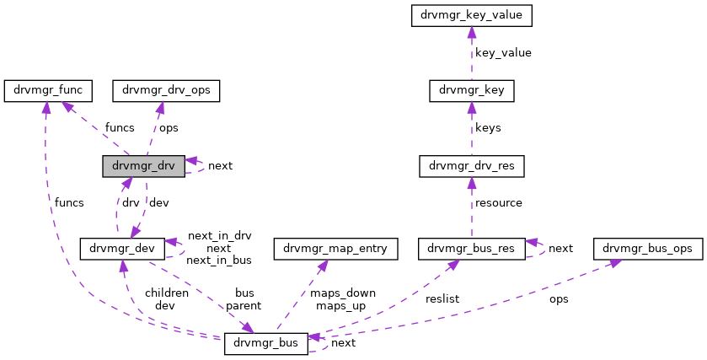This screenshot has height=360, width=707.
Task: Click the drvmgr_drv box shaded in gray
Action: [x=142, y=166]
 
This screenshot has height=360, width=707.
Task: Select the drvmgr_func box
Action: [x=48, y=89]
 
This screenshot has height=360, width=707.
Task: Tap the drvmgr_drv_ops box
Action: [x=166, y=89]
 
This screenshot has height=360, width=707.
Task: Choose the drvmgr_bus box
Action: [x=265, y=344]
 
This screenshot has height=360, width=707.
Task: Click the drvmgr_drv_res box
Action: [x=471, y=166]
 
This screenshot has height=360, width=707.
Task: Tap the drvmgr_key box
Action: [x=471, y=89]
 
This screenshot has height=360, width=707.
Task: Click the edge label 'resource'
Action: [x=499, y=203]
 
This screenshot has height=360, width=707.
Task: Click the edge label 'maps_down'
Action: [x=342, y=293]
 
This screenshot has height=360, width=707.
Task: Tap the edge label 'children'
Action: [x=165, y=293]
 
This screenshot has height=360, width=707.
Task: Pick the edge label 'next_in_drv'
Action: [x=218, y=236]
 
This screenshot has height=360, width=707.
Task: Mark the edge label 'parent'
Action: [x=244, y=305]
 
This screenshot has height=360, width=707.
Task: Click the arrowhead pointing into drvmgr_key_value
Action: [x=471, y=31]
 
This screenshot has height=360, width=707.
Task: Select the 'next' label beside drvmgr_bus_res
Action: [x=560, y=249]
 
